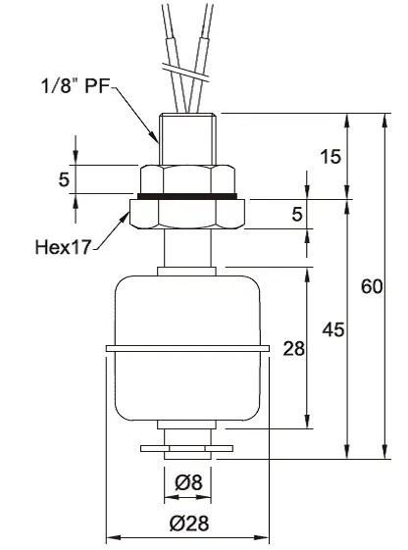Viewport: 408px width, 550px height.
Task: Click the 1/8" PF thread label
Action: click(x=76, y=86)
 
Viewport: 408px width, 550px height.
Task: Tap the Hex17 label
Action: click(x=63, y=247)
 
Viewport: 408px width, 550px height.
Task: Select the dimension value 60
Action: click(x=372, y=286)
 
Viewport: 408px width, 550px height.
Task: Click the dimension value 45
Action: click(x=332, y=329)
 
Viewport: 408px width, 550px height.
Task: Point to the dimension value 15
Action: click(x=331, y=157)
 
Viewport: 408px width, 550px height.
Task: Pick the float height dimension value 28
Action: click(x=293, y=349)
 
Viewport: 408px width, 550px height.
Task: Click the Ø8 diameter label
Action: click(x=188, y=482)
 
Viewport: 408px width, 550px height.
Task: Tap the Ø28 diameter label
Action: click(x=189, y=524)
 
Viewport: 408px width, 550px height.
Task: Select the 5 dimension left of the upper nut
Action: click(x=64, y=179)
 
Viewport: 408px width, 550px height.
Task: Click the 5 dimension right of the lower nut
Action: click(x=297, y=214)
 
